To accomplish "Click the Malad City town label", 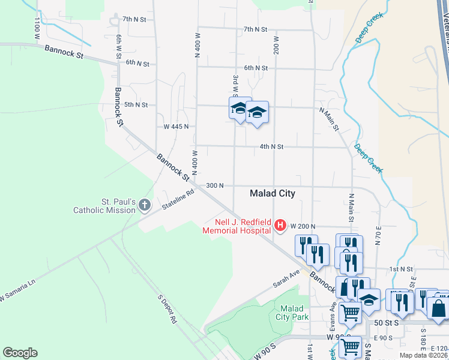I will [273, 193].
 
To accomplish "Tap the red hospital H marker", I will [280, 226].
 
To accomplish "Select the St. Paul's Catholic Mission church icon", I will [144, 206].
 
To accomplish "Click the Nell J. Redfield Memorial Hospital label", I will [237, 226].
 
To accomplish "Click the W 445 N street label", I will [176, 127].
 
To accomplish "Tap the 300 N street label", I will [214, 185].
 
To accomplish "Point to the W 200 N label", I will [303, 226].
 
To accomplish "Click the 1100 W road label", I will [38, 24].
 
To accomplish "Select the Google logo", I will [20, 353].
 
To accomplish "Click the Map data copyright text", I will [424, 355].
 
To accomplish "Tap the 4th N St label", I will [271, 146].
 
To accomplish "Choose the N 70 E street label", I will [379, 236].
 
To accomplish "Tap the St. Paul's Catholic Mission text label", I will [104, 206].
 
